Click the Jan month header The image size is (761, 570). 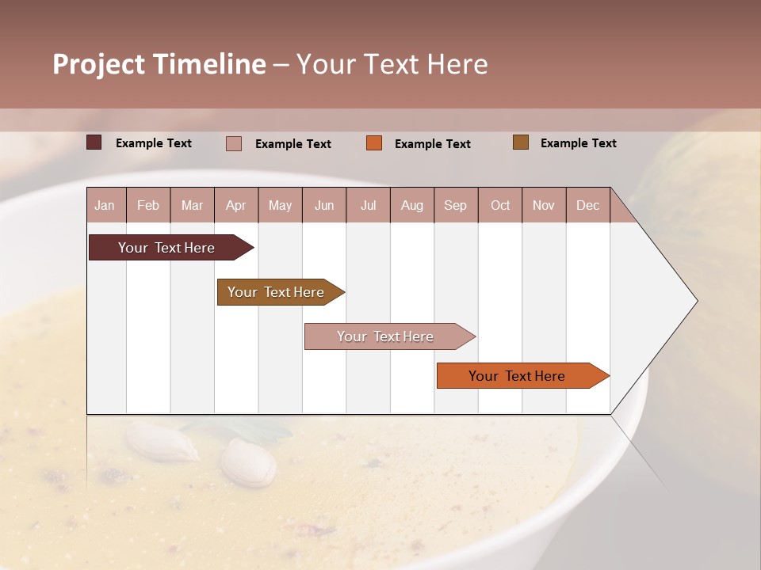(x=105, y=205)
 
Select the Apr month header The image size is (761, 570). (x=236, y=205)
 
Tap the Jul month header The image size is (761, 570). (x=368, y=205)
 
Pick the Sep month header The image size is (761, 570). (x=456, y=205)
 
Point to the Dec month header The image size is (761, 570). (x=587, y=205)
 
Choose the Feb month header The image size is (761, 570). (x=148, y=205)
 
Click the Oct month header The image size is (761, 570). (x=500, y=205)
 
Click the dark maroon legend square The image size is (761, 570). (x=94, y=142)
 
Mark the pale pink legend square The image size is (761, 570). (x=234, y=143)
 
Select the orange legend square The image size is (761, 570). (x=374, y=143)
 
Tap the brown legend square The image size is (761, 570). (x=521, y=142)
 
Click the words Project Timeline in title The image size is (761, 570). (x=159, y=64)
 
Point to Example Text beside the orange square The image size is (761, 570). (x=433, y=144)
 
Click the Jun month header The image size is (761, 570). (x=324, y=205)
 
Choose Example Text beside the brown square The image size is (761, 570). (x=579, y=143)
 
